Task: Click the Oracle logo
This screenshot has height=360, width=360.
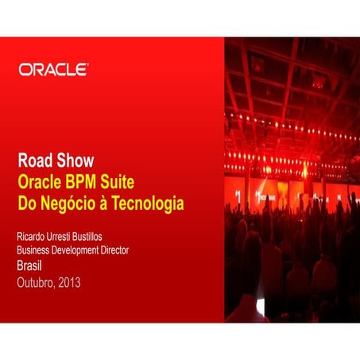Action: (x=53, y=70)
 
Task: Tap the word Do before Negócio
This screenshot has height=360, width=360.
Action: (x=27, y=204)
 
